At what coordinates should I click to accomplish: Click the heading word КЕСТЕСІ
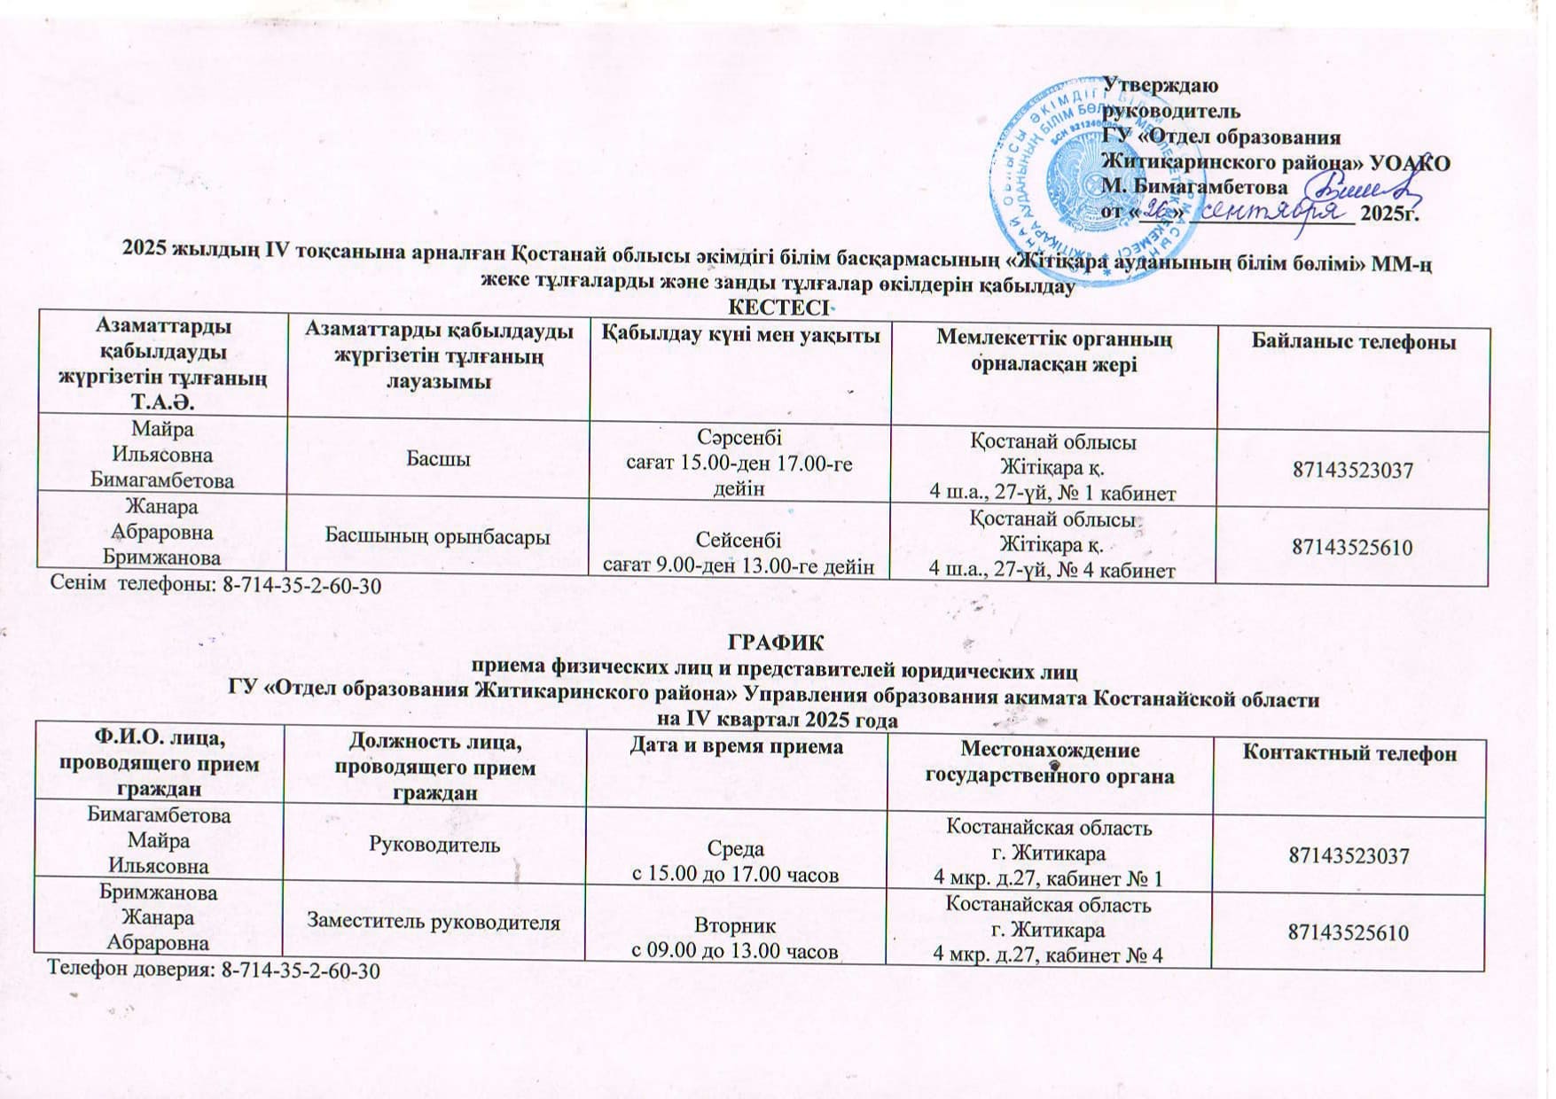778,308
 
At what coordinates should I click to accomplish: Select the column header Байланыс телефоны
1353,341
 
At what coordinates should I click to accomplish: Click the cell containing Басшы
438,459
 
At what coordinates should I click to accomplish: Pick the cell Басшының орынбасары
438,536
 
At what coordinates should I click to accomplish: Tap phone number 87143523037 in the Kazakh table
1352,471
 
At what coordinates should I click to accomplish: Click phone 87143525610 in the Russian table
1349,932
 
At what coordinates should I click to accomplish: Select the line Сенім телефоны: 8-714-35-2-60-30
216,585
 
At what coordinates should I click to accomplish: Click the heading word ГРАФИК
776,641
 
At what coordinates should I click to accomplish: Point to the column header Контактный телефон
1349,753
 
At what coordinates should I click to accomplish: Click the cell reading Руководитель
435,846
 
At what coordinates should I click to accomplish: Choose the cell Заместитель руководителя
434,923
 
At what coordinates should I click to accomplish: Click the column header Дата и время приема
736,747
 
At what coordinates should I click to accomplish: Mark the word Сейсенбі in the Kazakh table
739,540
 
